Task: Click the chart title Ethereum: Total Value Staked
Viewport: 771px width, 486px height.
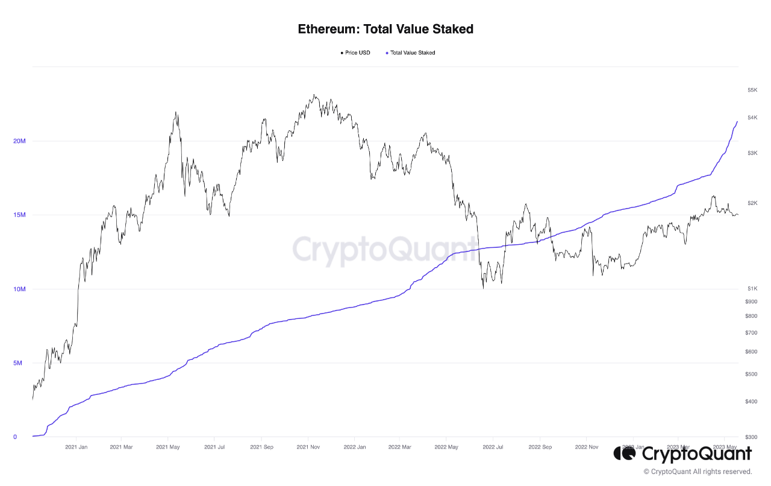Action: (x=385, y=29)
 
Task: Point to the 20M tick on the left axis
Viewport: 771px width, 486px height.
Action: (x=19, y=141)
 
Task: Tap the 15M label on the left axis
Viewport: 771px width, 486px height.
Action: (x=19, y=215)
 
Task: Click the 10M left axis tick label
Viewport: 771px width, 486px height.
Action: (x=19, y=289)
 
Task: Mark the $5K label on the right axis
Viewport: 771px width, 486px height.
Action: (x=752, y=90)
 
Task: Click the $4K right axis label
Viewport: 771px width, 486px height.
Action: (x=752, y=118)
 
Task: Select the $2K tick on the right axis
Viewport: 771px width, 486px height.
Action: (x=752, y=203)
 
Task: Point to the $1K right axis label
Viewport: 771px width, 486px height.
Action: (x=752, y=289)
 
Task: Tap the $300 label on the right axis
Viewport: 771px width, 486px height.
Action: (x=751, y=437)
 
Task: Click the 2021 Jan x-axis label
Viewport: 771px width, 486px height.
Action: (x=76, y=447)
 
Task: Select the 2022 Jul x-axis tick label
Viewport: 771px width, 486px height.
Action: (x=493, y=447)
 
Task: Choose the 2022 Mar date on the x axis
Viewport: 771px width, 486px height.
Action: (x=400, y=447)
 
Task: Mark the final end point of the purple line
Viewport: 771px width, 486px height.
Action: (x=737, y=121)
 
